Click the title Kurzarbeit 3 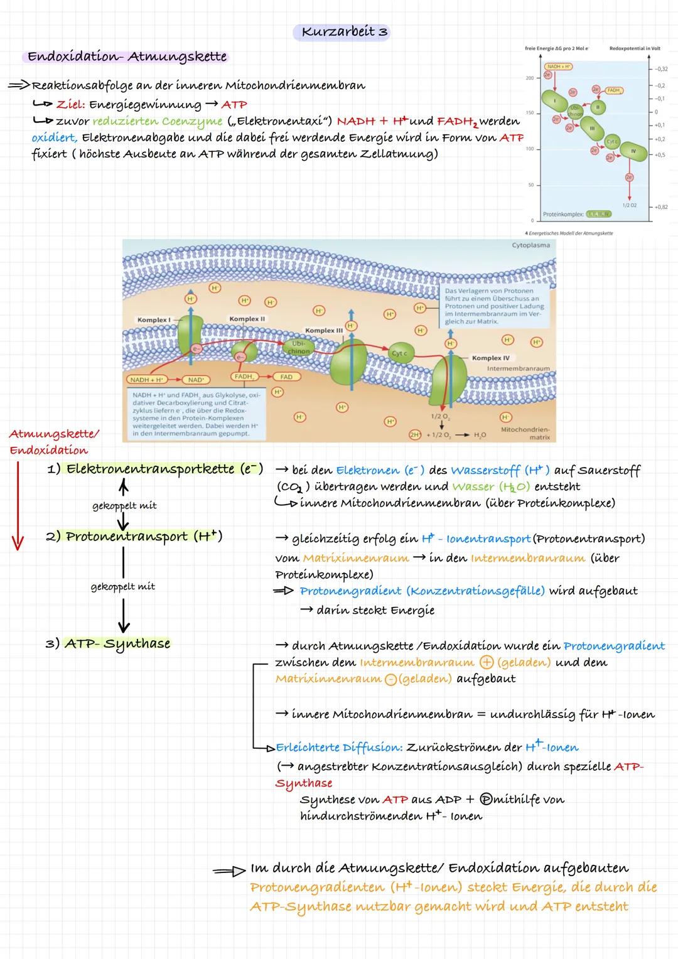pyautogui.click(x=344, y=31)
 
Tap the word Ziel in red pyautogui.click(x=70, y=105)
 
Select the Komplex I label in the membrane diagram pyautogui.click(x=154, y=320)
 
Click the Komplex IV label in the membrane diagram pyautogui.click(x=491, y=358)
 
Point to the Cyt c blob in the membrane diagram pyautogui.click(x=399, y=354)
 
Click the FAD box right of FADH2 pyautogui.click(x=286, y=377)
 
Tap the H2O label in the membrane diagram pyautogui.click(x=480, y=435)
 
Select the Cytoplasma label pyautogui.click(x=530, y=245)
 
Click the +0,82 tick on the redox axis pyautogui.click(x=660, y=207)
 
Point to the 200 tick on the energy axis pyautogui.click(x=529, y=78)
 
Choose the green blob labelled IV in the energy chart pyautogui.click(x=633, y=152)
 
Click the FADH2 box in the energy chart pyautogui.click(x=613, y=90)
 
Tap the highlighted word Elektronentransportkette pyautogui.click(x=151, y=469)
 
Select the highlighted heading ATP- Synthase pyautogui.click(x=117, y=643)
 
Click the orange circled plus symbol pyautogui.click(x=486, y=663)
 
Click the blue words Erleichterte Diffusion pyautogui.click(x=339, y=747)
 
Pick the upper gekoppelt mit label pyautogui.click(x=124, y=506)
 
